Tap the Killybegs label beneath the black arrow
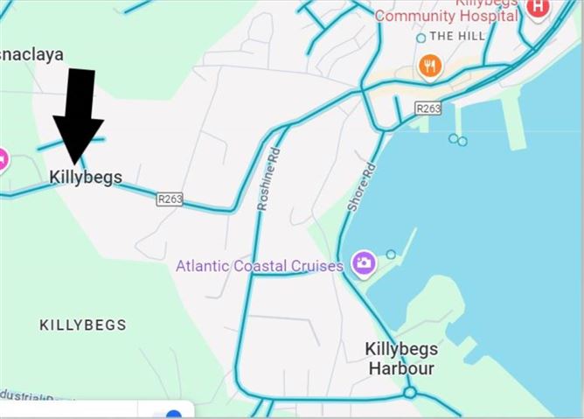point(85,177)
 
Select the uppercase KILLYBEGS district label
point(83,325)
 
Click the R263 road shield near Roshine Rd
point(170,199)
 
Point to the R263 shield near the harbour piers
point(428,108)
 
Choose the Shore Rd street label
point(361,187)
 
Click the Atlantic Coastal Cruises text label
point(260,265)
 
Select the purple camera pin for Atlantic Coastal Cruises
point(363,262)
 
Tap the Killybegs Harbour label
point(401,359)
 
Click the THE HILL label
point(455,37)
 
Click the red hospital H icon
point(539,6)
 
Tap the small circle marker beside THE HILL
point(421,38)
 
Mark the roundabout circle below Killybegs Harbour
point(409,394)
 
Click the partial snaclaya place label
point(31,54)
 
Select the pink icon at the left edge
point(3,159)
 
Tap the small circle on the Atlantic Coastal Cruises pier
point(391,255)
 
